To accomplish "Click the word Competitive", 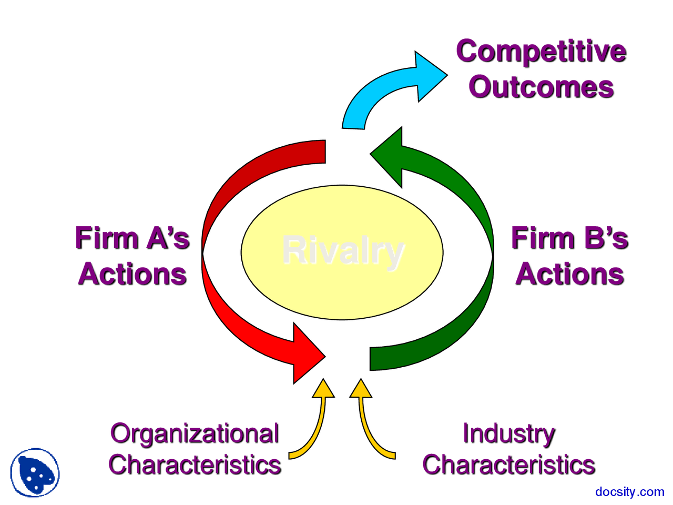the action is [x=541, y=52].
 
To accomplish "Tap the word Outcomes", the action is [x=541, y=87].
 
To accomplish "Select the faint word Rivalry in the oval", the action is [x=343, y=251].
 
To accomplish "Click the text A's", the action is [x=168, y=238].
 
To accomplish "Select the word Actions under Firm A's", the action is [x=132, y=274].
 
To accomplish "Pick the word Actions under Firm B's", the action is [x=569, y=274].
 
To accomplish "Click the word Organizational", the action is [x=195, y=434].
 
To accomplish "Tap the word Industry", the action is [x=508, y=434].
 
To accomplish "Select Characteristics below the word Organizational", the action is [x=195, y=465].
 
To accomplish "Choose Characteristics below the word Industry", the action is [x=508, y=465].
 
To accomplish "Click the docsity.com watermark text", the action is [x=629, y=492].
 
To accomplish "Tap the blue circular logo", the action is [x=35, y=472].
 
